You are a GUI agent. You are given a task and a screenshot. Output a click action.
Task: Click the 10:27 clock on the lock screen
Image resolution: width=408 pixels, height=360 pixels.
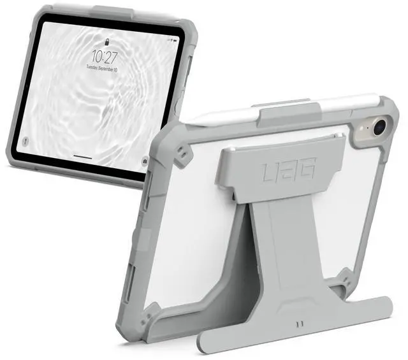pos(104,56)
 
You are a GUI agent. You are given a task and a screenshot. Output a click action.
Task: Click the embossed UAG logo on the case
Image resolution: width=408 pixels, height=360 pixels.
pos(286,171)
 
